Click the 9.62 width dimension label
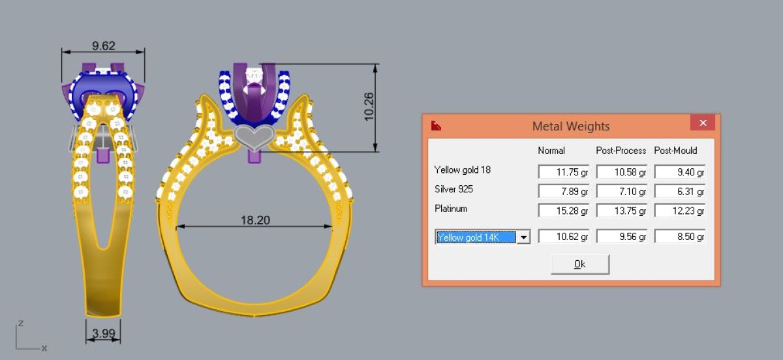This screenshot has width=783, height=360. (104, 46)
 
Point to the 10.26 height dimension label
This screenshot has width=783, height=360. (369, 106)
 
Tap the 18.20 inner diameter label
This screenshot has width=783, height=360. (255, 220)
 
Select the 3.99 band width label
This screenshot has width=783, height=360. (104, 333)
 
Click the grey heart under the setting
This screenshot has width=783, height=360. (253, 138)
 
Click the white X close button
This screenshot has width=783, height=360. (703, 123)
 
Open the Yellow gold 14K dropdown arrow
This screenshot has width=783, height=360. (523, 237)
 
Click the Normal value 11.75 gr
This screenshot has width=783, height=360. (564, 172)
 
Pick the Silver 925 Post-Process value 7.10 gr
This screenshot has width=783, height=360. (621, 192)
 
